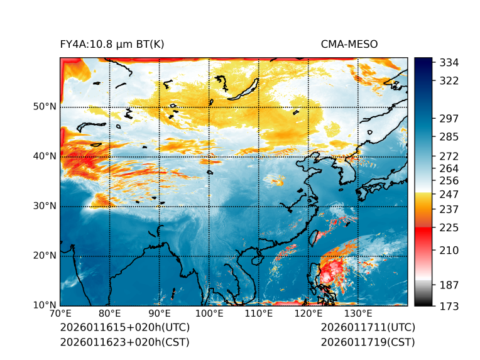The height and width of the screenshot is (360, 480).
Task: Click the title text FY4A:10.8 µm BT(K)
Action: (112, 44)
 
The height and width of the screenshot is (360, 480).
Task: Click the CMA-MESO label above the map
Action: (349, 44)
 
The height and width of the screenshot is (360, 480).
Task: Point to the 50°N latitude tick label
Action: (45, 107)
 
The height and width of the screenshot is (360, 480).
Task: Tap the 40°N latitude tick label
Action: (45, 156)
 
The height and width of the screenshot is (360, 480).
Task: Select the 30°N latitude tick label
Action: (45, 206)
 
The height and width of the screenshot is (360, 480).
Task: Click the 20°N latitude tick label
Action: (45, 256)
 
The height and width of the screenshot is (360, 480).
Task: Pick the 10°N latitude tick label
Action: (45, 305)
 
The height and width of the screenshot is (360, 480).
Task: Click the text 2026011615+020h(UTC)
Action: (124, 328)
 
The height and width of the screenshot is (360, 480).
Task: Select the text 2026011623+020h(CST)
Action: (124, 342)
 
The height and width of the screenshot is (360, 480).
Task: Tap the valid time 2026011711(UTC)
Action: (368, 328)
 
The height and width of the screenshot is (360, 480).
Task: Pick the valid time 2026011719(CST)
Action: (368, 342)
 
